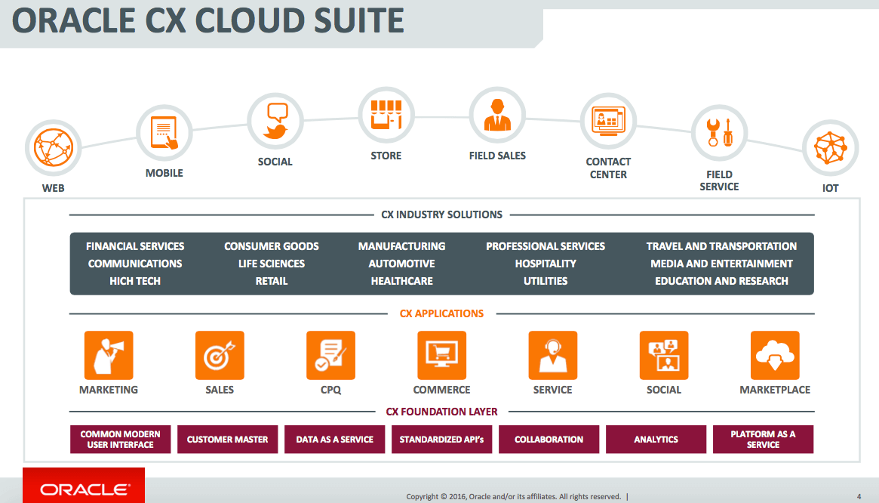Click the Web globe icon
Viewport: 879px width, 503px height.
click(54, 147)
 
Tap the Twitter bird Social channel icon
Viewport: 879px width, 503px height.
click(275, 121)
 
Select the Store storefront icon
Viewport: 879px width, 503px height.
click(386, 115)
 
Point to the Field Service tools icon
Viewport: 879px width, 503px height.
click(719, 133)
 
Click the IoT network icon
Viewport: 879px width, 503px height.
click(830, 147)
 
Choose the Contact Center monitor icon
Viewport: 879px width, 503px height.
click(608, 121)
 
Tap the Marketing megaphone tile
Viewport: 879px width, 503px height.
click(109, 356)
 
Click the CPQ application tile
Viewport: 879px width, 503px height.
click(330, 356)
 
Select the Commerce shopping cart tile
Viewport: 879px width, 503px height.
click(441, 356)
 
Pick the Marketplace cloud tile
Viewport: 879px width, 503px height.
click(775, 356)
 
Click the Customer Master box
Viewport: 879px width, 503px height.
click(228, 439)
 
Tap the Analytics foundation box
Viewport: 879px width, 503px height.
click(656, 439)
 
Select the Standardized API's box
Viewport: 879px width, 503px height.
click(441, 439)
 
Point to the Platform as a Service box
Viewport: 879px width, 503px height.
click(763, 439)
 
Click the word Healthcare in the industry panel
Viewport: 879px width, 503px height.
click(402, 281)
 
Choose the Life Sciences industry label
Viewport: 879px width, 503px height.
click(272, 264)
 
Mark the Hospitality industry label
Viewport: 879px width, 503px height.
click(546, 264)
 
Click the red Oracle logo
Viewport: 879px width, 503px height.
click(84, 486)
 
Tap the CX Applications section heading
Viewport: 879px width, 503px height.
click(441, 313)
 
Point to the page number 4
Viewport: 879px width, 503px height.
click(859, 496)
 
